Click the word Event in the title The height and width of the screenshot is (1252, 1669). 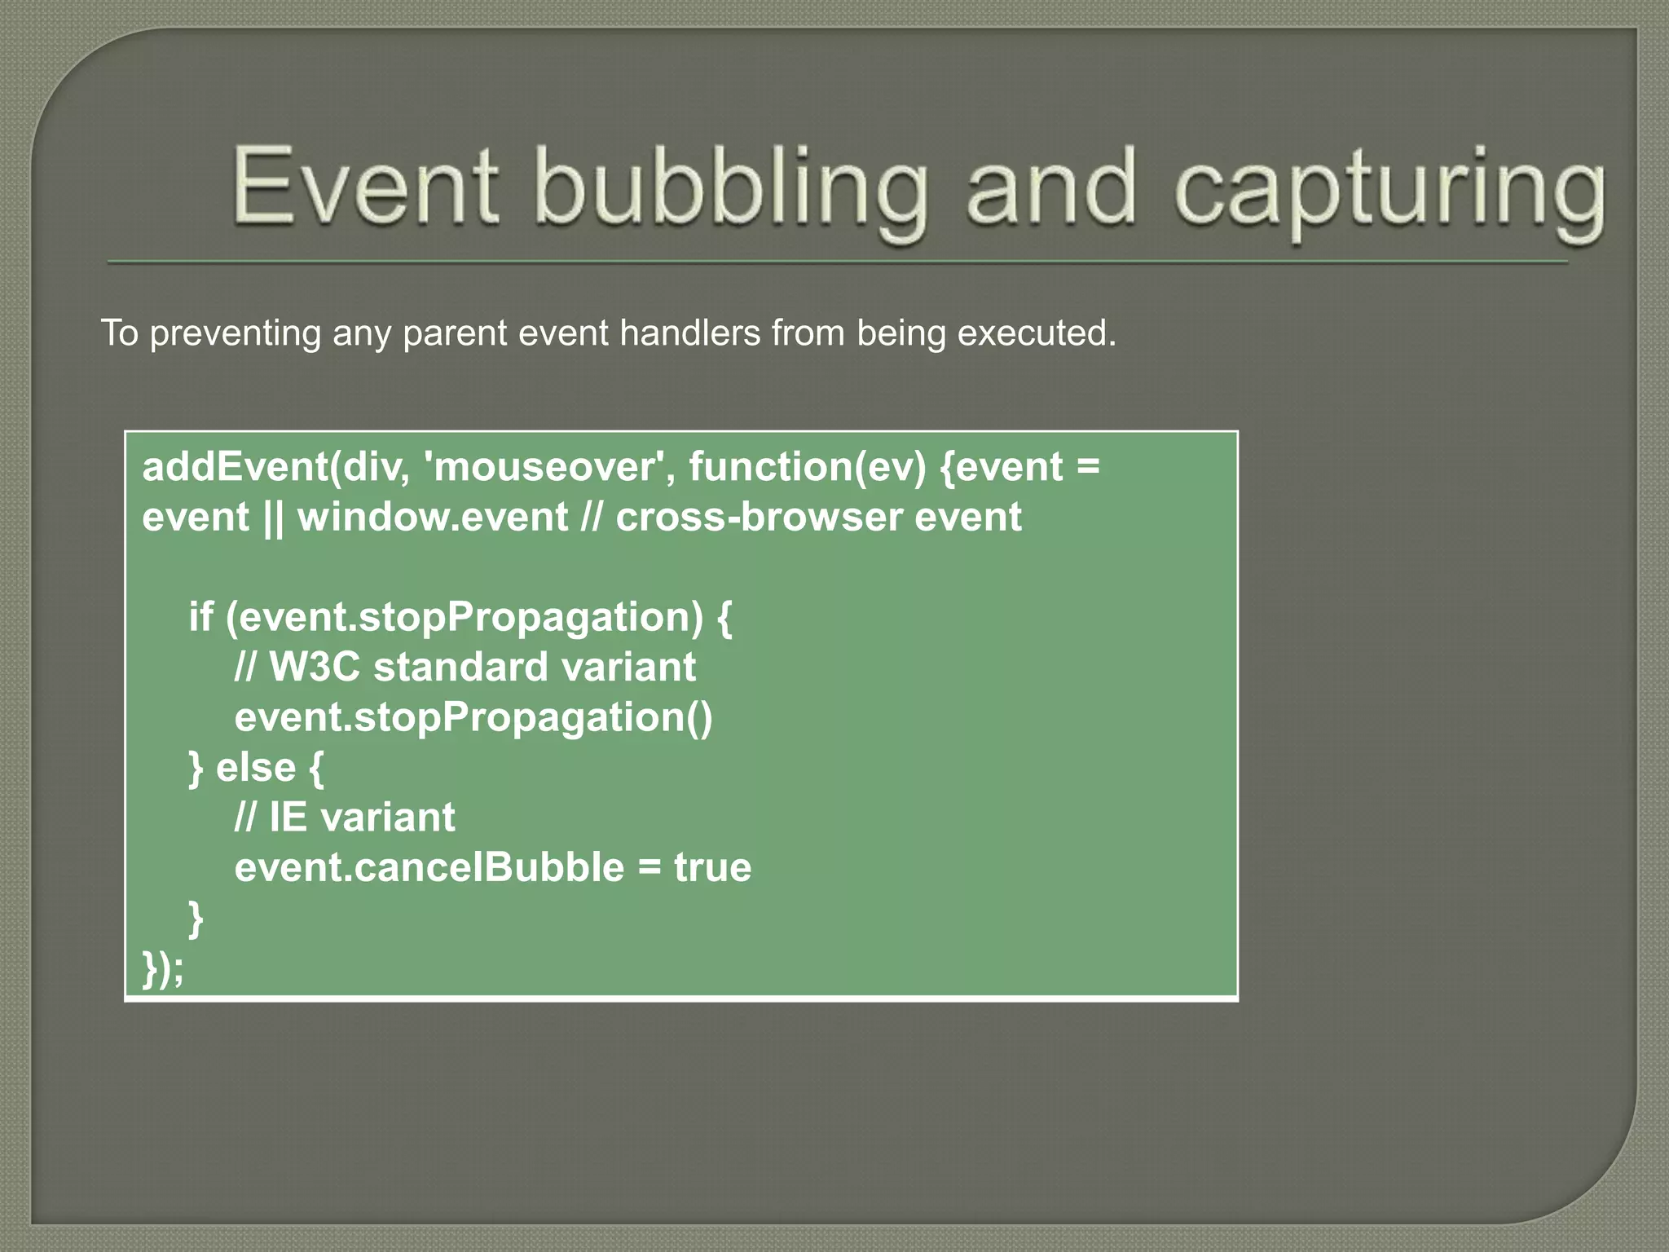coord(365,186)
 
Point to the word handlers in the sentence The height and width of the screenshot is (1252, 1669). coord(689,333)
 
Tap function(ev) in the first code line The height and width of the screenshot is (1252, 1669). coord(807,467)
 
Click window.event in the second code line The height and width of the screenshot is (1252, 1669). coord(433,518)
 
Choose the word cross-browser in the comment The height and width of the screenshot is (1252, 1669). coord(759,518)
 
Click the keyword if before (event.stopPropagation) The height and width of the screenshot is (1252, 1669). coord(200,617)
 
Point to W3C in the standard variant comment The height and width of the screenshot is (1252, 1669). coord(315,667)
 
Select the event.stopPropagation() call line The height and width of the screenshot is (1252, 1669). coord(473,717)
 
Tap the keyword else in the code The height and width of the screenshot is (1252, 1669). coord(255,767)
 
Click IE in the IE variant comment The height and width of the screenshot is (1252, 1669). coord(288,818)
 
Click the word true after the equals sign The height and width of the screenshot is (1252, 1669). coord(712,867)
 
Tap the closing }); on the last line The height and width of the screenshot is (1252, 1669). coord(163,968)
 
